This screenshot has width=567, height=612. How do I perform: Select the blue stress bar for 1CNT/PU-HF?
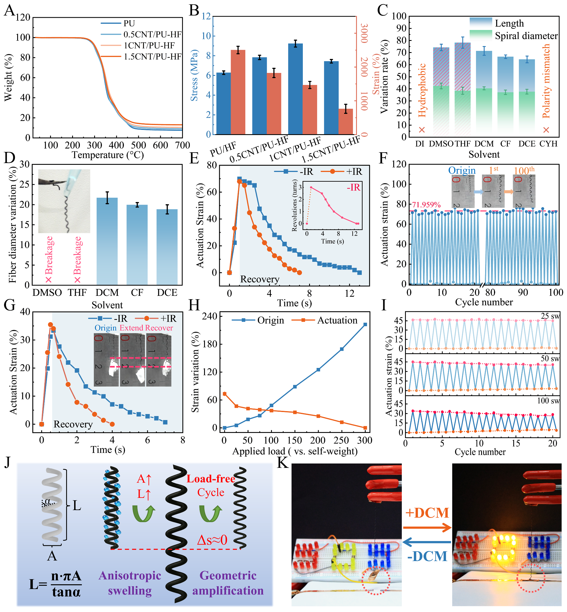click(295, 89)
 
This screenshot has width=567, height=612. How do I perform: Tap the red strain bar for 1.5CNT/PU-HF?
click(345, 122)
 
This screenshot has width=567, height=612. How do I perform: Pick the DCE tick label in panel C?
click(527, 144)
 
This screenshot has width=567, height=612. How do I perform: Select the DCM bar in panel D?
click(107, 241)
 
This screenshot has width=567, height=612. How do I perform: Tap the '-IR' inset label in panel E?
click(353, 187)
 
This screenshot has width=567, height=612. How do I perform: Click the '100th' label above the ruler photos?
click(524, 171)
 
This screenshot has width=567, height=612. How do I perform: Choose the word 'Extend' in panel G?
click(131, 328)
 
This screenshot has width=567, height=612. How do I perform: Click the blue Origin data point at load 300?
click(365, 324)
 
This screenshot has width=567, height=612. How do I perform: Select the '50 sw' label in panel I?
click(550, 359)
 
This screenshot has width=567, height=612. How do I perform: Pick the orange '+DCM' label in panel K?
click(427, 513)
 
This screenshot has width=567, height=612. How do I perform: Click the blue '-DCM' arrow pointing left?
click(426, 542)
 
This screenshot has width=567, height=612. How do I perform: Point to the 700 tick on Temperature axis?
click(182, 145)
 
